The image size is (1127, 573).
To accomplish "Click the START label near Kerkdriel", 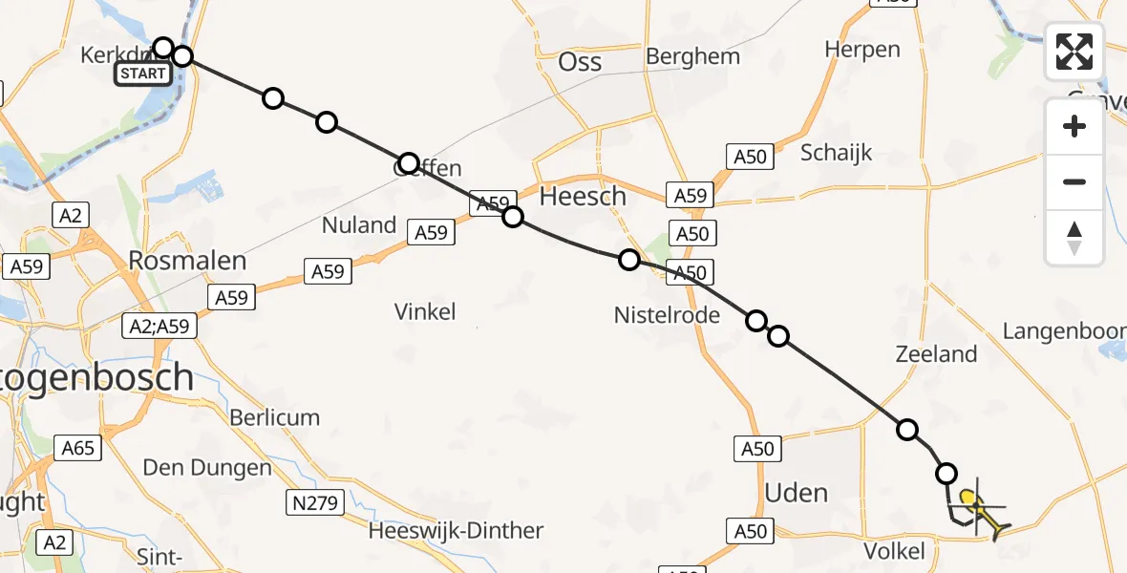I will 143,74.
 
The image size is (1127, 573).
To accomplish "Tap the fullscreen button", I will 1074,52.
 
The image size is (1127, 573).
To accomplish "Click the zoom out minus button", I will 1074,181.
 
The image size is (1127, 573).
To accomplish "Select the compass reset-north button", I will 1074,238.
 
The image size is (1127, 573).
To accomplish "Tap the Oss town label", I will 580,63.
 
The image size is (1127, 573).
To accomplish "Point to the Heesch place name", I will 583,197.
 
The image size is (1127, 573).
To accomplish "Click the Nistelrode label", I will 667,313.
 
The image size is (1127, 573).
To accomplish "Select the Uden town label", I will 797,493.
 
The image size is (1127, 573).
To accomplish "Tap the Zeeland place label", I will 936,354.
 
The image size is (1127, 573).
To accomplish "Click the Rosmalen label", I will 188,261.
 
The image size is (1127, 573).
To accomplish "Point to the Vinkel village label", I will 425,311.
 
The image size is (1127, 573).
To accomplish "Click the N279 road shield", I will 314,502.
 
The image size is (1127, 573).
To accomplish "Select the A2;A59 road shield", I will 160,327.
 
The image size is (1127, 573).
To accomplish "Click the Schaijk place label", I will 837,153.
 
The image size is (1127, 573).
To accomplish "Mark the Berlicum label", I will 274,417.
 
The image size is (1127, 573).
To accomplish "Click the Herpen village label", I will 862,50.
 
